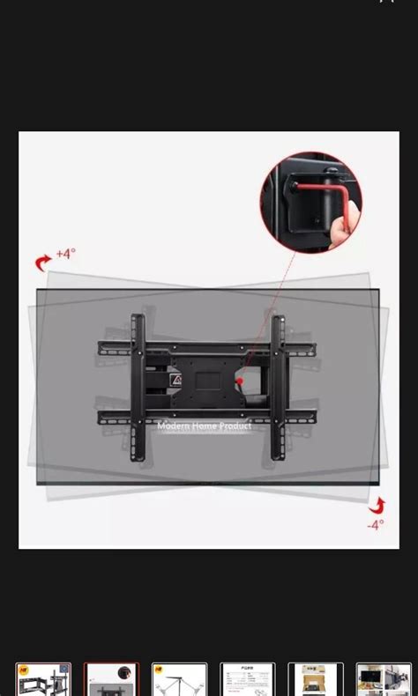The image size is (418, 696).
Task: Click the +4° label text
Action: tap(66, 254)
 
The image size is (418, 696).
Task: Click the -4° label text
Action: tap(376, 524)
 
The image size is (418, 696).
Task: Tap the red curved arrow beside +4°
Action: tap(43, 262)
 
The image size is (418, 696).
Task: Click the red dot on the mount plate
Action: tap(239, 381)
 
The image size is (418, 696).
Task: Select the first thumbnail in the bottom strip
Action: tap(43, 679)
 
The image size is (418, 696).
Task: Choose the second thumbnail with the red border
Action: tap(111, 679)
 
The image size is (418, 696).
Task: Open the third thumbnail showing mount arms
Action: tap(179, 679)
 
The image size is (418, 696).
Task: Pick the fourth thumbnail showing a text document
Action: tap(247, 679)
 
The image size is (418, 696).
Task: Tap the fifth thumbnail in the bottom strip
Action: tap(315, 679)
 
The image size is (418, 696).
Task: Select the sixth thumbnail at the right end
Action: tap(384, 679)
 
